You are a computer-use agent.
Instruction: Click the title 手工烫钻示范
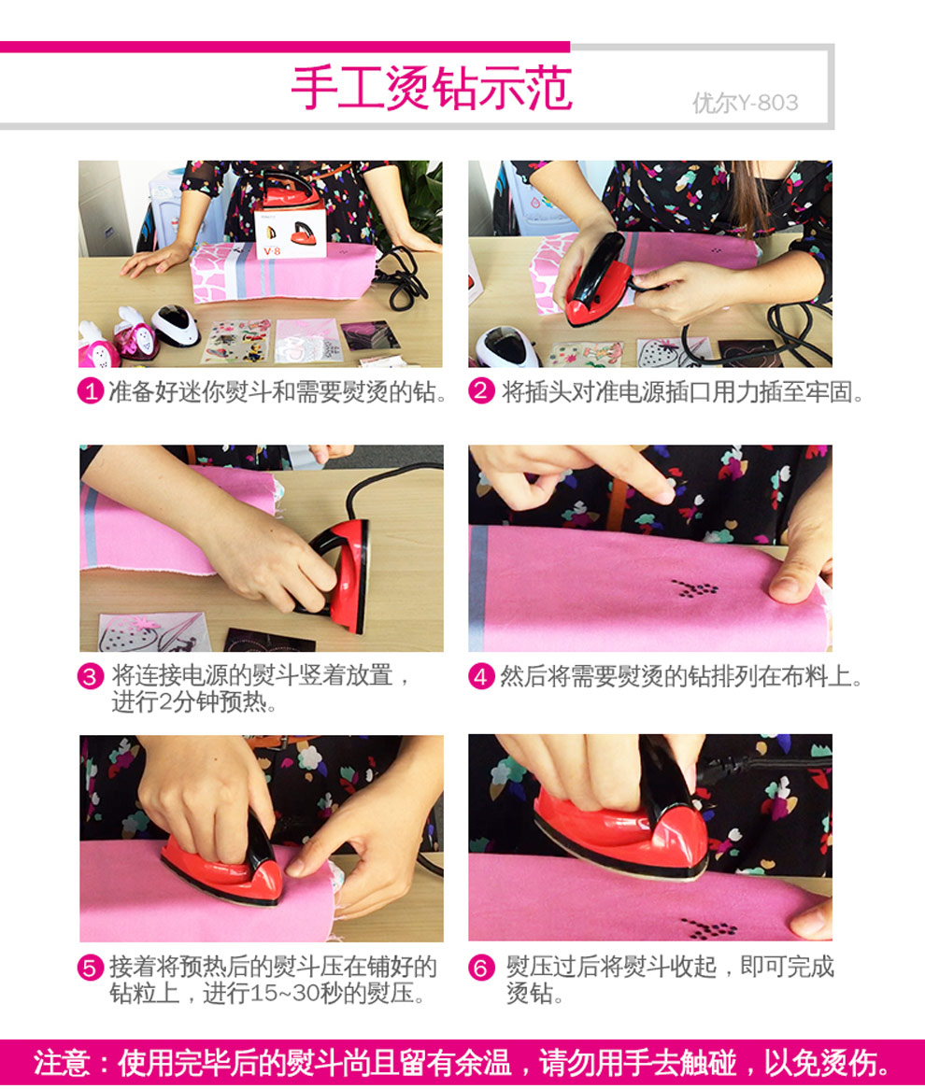tap(431, 88)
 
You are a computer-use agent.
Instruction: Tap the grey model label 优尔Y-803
tap(745, 103)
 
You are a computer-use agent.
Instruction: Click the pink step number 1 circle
tap(90, 391)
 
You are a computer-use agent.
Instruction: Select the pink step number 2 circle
tap(481, 391)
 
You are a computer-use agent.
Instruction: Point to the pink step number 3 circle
tap(90, 676)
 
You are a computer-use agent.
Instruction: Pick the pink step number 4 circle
tap(481, 676)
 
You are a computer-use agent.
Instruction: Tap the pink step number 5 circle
tap(90, 968)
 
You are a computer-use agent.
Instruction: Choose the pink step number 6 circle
tap(481, 968)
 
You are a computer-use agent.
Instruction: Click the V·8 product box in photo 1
tap(289, 232)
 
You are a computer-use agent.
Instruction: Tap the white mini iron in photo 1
tap(175, 325)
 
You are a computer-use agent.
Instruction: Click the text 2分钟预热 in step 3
tap(194, 703)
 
